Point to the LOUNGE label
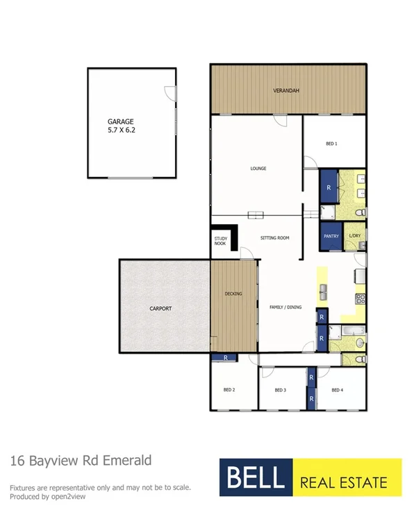click(x=258, y=169)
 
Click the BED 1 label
click(x=331, y=144)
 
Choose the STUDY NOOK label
click(x=220, y=241)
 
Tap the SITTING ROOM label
click(x=274, y=238)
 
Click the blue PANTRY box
click(x=331, y=236)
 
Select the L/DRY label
click(x=355, y=236)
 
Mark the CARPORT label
click(x=160, y=308)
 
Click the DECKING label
click(x=233, y=294)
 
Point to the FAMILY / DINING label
click(x=284, y=306)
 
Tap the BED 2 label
click(x=229, y=390)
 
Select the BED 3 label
click(x=280, y=390)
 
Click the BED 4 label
click(x=337, y=390)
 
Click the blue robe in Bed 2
click(x=225, y=357)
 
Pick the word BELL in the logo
click(x=254, y=477)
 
